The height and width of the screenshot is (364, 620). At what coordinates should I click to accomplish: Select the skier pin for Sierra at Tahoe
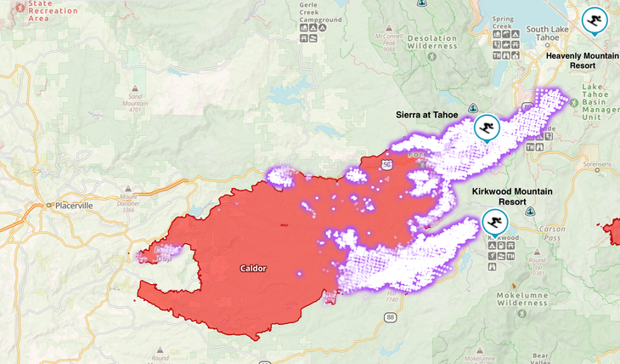click(x=487, y=128)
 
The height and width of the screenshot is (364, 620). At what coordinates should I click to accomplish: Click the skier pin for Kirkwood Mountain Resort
click(x=493, y=221)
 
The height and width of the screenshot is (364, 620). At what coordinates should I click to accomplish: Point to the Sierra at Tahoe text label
click(x=432, y=114)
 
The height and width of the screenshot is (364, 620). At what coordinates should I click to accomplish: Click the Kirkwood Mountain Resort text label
click(x=512, y=197)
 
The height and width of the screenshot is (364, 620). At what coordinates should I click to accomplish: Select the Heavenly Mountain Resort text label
click(x=582, y=60)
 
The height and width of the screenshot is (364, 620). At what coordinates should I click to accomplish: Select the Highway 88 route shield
click(x=389, y=316)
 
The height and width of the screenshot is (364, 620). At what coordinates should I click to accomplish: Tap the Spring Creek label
click(x=502, y=21)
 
